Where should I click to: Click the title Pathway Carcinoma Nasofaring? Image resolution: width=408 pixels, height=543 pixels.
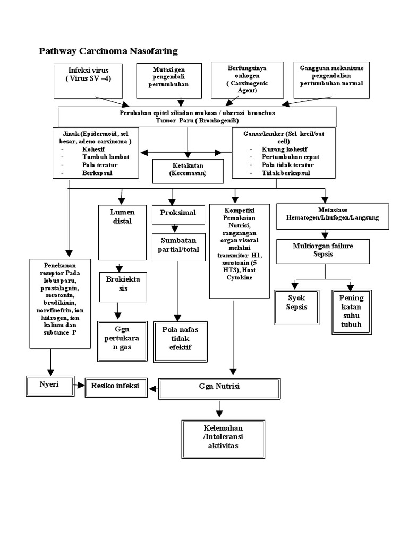click(108, 51)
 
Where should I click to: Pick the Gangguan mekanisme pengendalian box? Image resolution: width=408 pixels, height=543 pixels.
click(331, 80)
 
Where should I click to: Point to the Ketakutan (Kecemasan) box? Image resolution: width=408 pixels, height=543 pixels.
click(188, 170)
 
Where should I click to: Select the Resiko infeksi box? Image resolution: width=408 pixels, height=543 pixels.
click(115, 387)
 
